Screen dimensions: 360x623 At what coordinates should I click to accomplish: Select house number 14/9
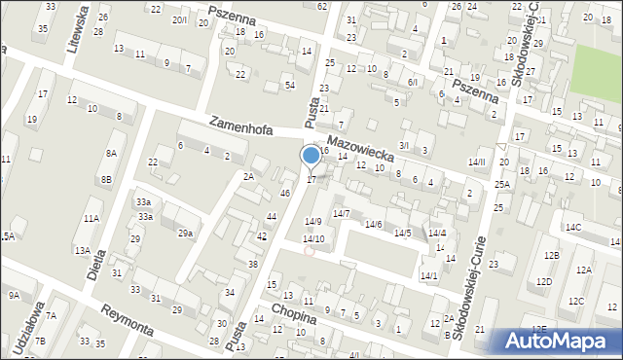point(312,222)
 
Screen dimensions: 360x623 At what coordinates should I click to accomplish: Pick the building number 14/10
point(312,238)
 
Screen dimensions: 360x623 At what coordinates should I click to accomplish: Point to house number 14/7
point(341,213)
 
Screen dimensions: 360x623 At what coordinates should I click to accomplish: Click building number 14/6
point(373,225)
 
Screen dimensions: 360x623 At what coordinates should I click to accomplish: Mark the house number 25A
point(501,184)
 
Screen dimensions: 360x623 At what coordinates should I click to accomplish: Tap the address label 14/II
point(476,162)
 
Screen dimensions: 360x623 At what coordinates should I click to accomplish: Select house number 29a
point(184,234)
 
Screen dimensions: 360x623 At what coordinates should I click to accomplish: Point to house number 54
point(289,86)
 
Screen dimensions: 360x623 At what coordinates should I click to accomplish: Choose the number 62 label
point(321,6)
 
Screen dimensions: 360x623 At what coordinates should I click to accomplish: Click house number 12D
point(544,282)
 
